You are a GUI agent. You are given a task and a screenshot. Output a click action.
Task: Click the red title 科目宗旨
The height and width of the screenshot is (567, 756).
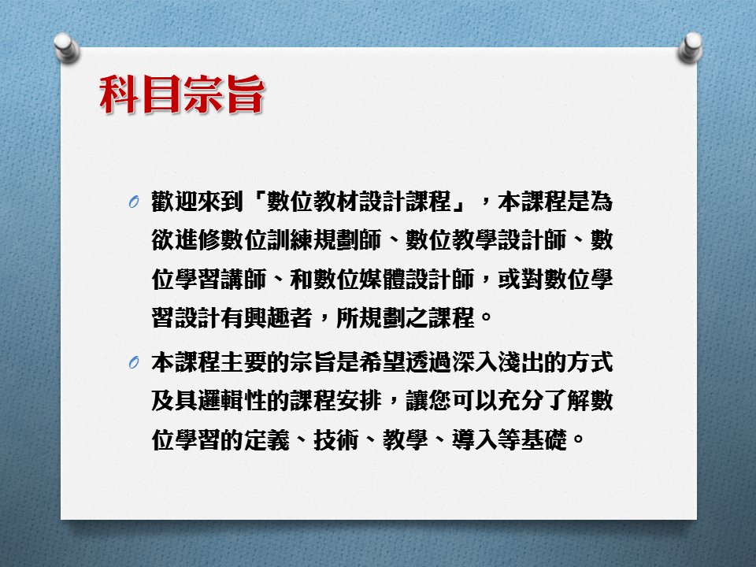pyautogui.click(x=182, y=94)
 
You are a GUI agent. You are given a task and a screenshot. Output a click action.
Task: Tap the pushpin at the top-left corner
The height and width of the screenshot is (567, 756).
pyautogui.click(x=66, y=48)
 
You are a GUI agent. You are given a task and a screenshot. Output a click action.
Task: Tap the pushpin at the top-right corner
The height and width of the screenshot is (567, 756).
pyautogui.click(x=691, y=48)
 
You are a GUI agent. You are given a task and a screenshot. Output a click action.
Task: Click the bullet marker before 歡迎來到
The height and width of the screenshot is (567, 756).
pyautogui.click(x=134, y=202)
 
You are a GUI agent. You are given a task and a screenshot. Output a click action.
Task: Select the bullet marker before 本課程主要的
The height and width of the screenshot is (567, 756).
pyautogui.click(x=134, y=362)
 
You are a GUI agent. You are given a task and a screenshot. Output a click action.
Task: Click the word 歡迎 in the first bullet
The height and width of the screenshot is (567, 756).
pyautogui.click(x=175, y=202)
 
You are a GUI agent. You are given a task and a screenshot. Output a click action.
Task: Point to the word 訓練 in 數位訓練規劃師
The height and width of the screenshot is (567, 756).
pyautogui.click(x=291, y=240)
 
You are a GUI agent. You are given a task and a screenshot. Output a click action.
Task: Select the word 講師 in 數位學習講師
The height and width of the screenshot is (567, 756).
pyautogui.click(x=244, y=280)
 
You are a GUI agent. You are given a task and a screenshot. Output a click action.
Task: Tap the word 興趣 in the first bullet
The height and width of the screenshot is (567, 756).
pyautogui.click(x=267, y=318)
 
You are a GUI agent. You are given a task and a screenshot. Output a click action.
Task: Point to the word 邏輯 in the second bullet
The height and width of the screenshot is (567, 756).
pyautogui.click(x=220, y=401)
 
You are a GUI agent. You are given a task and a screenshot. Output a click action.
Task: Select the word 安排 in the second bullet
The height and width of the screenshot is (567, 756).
pyautogui.click(x=360, y=401)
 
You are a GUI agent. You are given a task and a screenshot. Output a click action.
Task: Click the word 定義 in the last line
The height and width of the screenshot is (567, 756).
pyautogui.click(x=267, y=439)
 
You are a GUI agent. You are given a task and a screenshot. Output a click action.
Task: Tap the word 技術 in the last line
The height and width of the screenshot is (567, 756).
pyautogui.click(x=336, y=439)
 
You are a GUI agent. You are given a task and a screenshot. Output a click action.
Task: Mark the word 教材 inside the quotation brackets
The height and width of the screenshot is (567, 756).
pyautogui.click(x=336, y=202)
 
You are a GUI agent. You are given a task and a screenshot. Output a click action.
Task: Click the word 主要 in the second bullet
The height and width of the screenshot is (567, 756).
pyautogui.click(x=244, y=362)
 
